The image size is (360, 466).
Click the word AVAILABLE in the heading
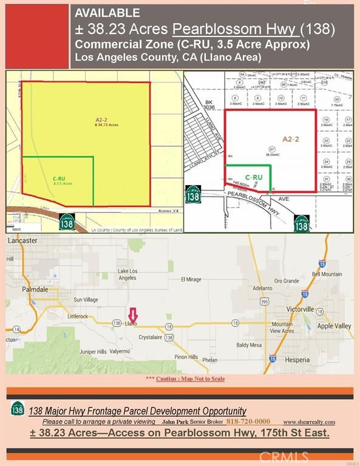click(x=107, y=13)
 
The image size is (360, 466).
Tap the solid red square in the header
click(x=36, y=35)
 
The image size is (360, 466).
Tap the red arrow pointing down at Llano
click(x=133, y=315)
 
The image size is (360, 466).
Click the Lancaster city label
click(x=22, y=240)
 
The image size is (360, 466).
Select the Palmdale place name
click(x=21, y=289)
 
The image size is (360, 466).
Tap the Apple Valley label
click(x=335, y=326)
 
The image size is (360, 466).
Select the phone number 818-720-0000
click(x=248, y=422)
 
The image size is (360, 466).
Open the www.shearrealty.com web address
click(x=309, y=422)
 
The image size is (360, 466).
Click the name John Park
click(x=175, y=422)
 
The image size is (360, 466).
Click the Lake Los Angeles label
click(x=127, y=274)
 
